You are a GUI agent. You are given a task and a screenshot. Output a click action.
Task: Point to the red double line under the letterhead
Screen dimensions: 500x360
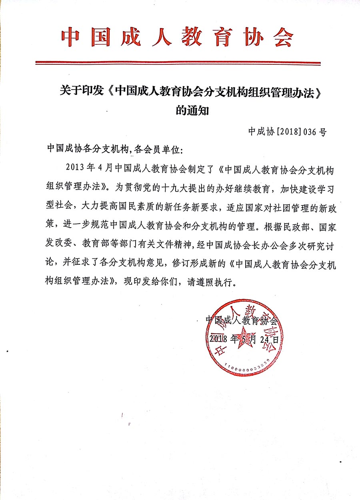click(178, 63)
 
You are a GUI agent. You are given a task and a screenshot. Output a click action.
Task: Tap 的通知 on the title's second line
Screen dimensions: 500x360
click(192, 111)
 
